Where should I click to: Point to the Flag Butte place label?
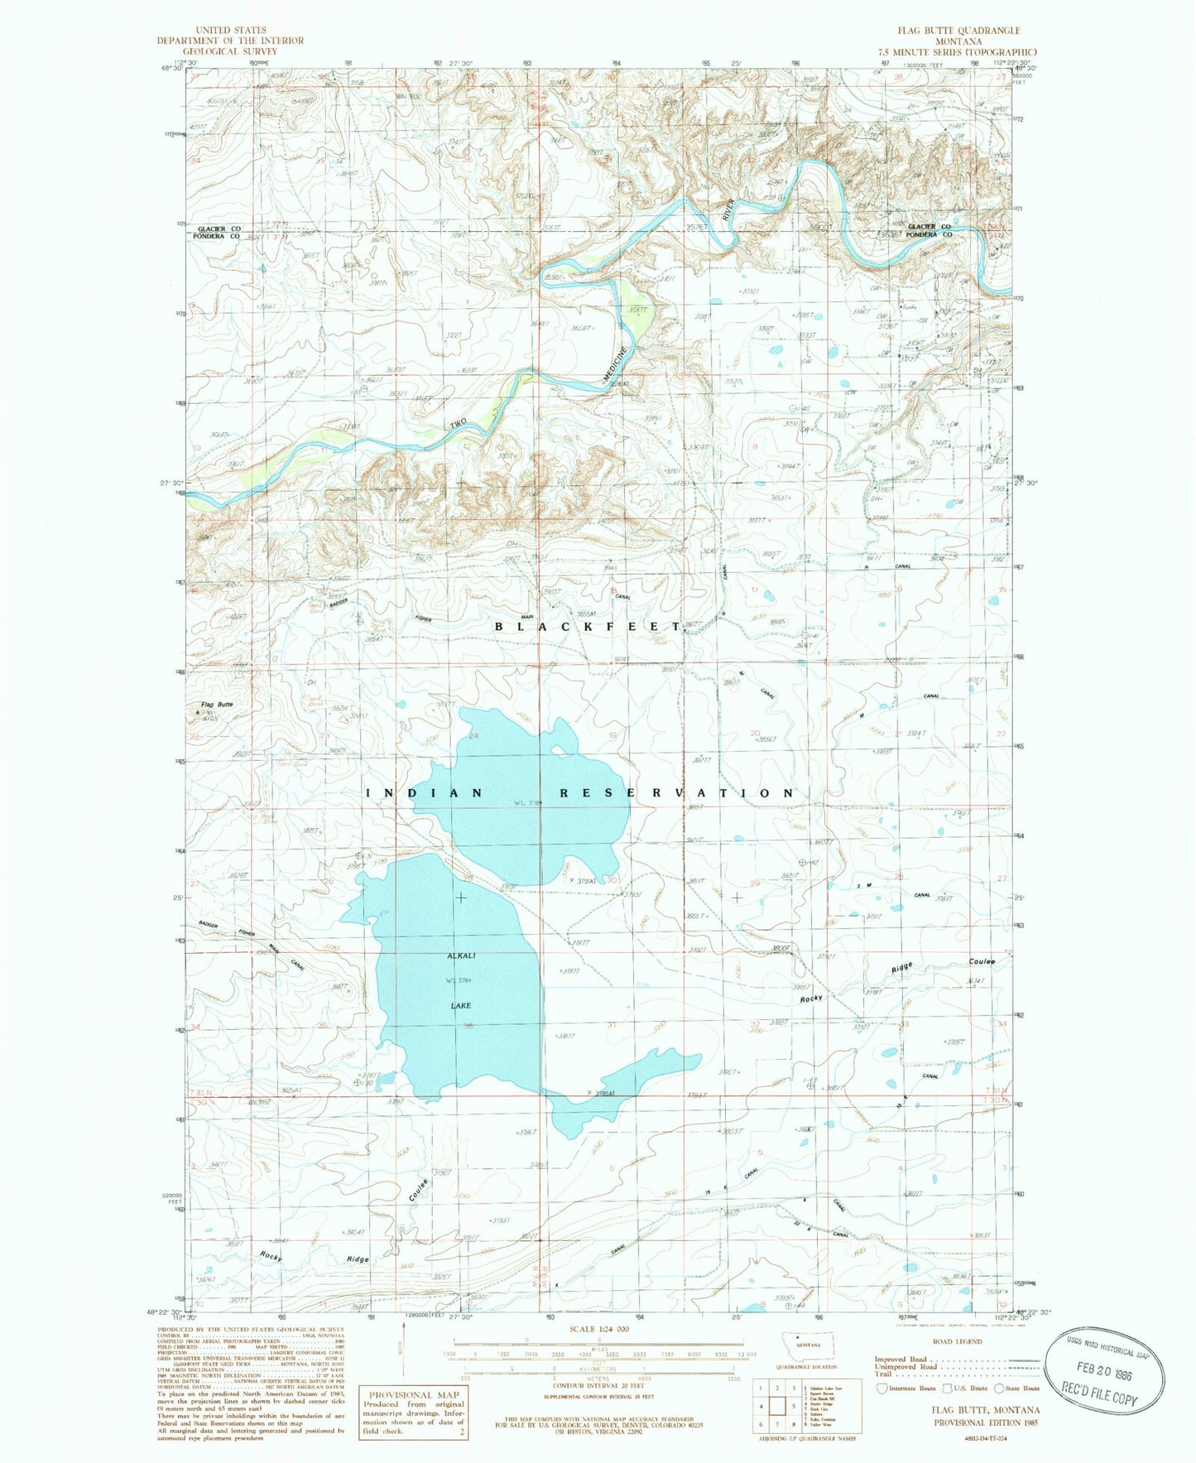[x=217, y=705]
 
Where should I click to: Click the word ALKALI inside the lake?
[x=460, y=956]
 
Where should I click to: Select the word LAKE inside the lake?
[x=460, y=1005]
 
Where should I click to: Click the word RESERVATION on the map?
[x=676, y=792]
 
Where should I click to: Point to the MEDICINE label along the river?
[x=617, y=363]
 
